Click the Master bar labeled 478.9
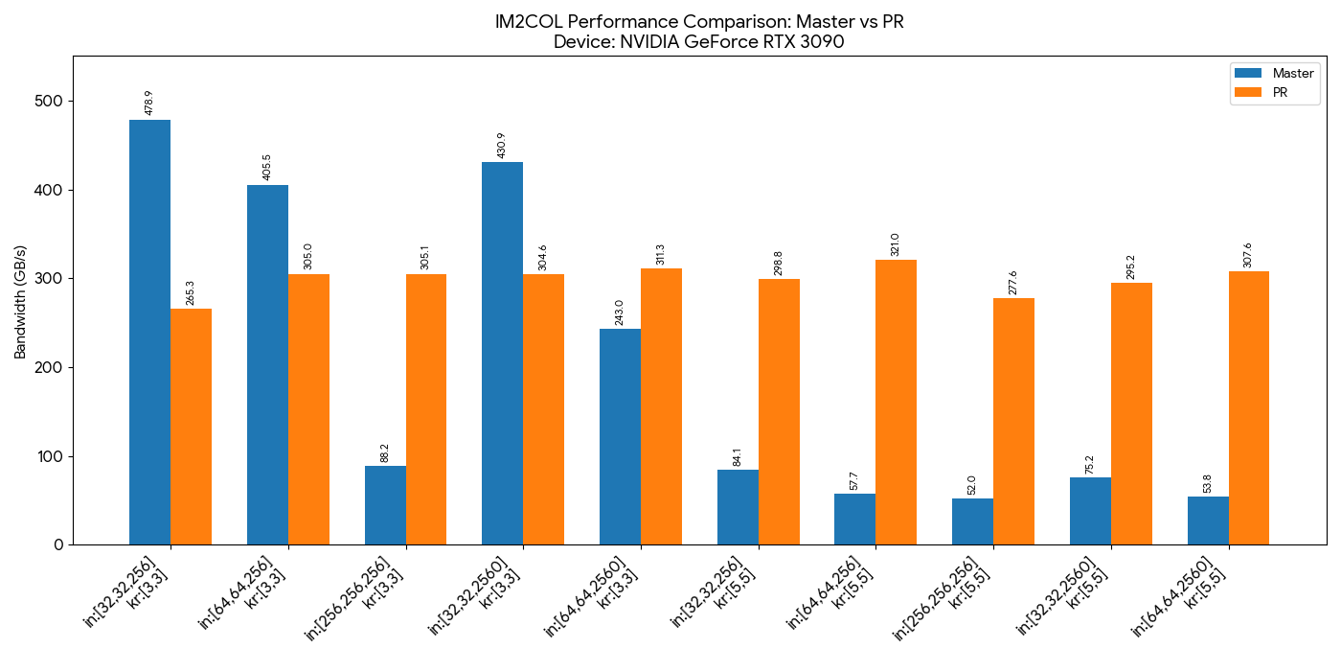pyautogui.click(x=149, y=332)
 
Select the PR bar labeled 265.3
pyautogui.click(x=191, y=427)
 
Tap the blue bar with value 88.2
pyautogui.click(x=385, y=505)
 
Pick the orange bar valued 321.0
pyautogui.click(x=896, y=403)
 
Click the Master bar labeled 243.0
pyautogui.click(x=620, y=437)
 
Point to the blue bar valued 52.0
pyautogui.click(x=972, y=521)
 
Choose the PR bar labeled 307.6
pyautogui.click(x=1249, y=408)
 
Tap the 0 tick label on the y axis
pyautogui.click(x=58, y=545)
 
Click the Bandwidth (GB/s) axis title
pyautogui.click(x=20, y=301)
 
